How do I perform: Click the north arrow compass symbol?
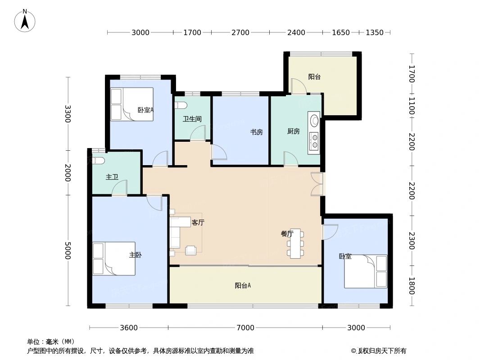(x=25, y=20)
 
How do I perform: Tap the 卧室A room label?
(x=145, y=109)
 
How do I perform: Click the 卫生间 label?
(x=192, y=119)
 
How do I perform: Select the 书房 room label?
(x=257, y=132)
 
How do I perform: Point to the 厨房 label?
(x=293, y=131)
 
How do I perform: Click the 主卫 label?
(x=112, y=177)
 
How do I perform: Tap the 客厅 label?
(x=198, y=222)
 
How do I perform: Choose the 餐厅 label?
(x=287, y=234)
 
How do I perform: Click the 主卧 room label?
(x=136, y=255)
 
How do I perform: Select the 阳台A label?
(x=243, y=285)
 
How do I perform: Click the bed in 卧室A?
(x=132, y=104)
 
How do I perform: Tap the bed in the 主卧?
(x=114, y=259)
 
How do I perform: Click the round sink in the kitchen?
(x=314, y=121)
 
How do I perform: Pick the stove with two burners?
(x=314, y=142)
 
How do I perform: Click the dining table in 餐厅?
(x=295, y=243)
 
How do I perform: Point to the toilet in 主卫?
(x=99, y=160)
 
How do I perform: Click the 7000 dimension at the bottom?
(x=245, y=328)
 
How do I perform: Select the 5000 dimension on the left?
(x=68, y=250)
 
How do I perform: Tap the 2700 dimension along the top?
(x=240, y=32)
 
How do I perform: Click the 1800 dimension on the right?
(x=411, y=286)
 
